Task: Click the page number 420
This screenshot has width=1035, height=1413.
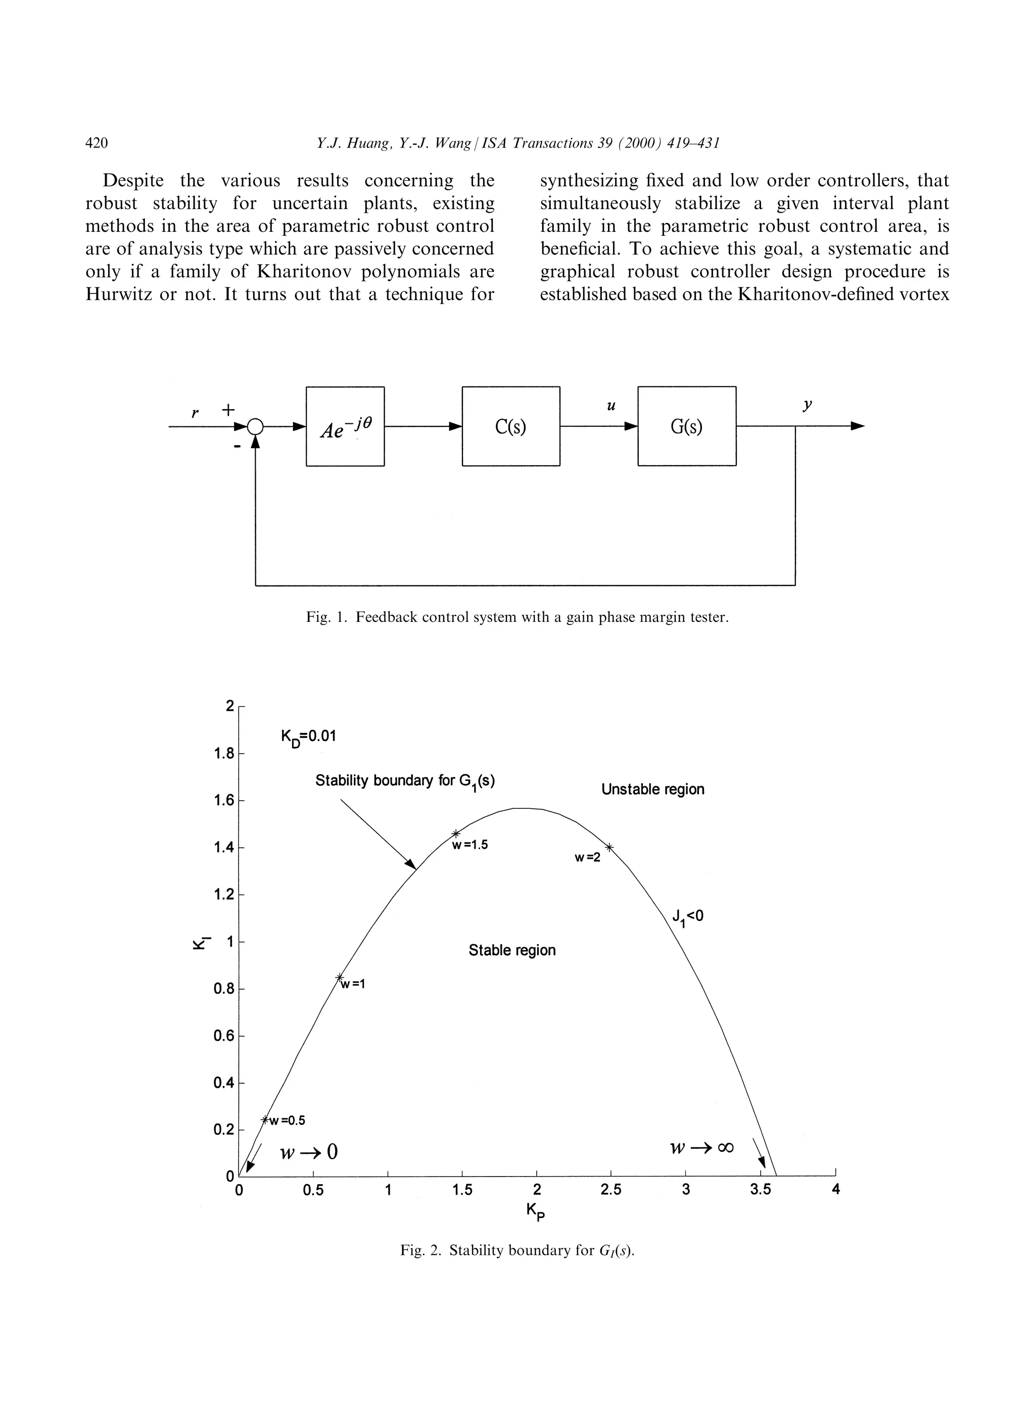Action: [97, 143]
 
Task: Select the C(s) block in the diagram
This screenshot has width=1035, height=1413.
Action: [510, 426]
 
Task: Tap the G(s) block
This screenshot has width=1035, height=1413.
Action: [687, 426]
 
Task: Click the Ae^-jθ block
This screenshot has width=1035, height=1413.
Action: [345, 426]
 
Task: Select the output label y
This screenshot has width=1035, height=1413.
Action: [808, 405]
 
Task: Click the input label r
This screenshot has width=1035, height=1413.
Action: [195, 413]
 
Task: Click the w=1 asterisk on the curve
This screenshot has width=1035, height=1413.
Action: [340, 977]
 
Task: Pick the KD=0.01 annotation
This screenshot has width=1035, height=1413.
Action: [308, 737]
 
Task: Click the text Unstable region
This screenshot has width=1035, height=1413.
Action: [652, 789]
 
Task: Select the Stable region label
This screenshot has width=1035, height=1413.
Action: [512, 950]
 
